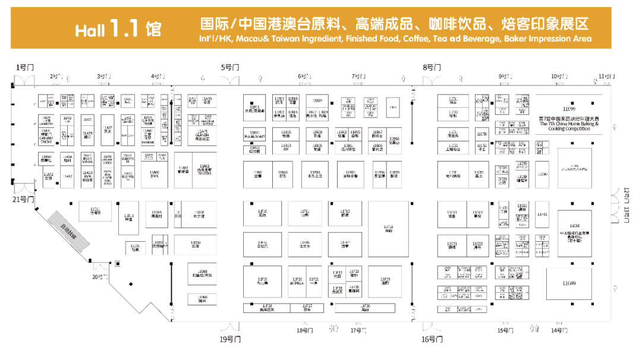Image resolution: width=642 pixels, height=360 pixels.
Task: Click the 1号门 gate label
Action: (x=24, y=67)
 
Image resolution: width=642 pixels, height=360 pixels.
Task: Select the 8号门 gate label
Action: (x=432, y=67)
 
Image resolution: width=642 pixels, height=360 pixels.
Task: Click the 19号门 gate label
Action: (x=229, y=339)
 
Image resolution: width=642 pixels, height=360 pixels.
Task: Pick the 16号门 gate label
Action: (x=433, y=339)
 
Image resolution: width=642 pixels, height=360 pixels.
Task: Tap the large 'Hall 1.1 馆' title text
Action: (x=118, y=29)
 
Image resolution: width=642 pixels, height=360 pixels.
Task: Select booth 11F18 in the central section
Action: (x=388, y=228)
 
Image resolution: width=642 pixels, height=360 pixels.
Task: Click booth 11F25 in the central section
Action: (x=386, y=281)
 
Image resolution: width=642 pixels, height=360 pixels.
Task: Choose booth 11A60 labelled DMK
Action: (x=154, y=173)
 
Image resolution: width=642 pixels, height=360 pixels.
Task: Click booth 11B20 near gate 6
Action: (x=317, y=102)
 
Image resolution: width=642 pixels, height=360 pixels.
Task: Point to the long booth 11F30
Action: (x=365, y=308)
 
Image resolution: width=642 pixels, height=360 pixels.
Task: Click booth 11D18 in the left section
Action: (x=200, y=213)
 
